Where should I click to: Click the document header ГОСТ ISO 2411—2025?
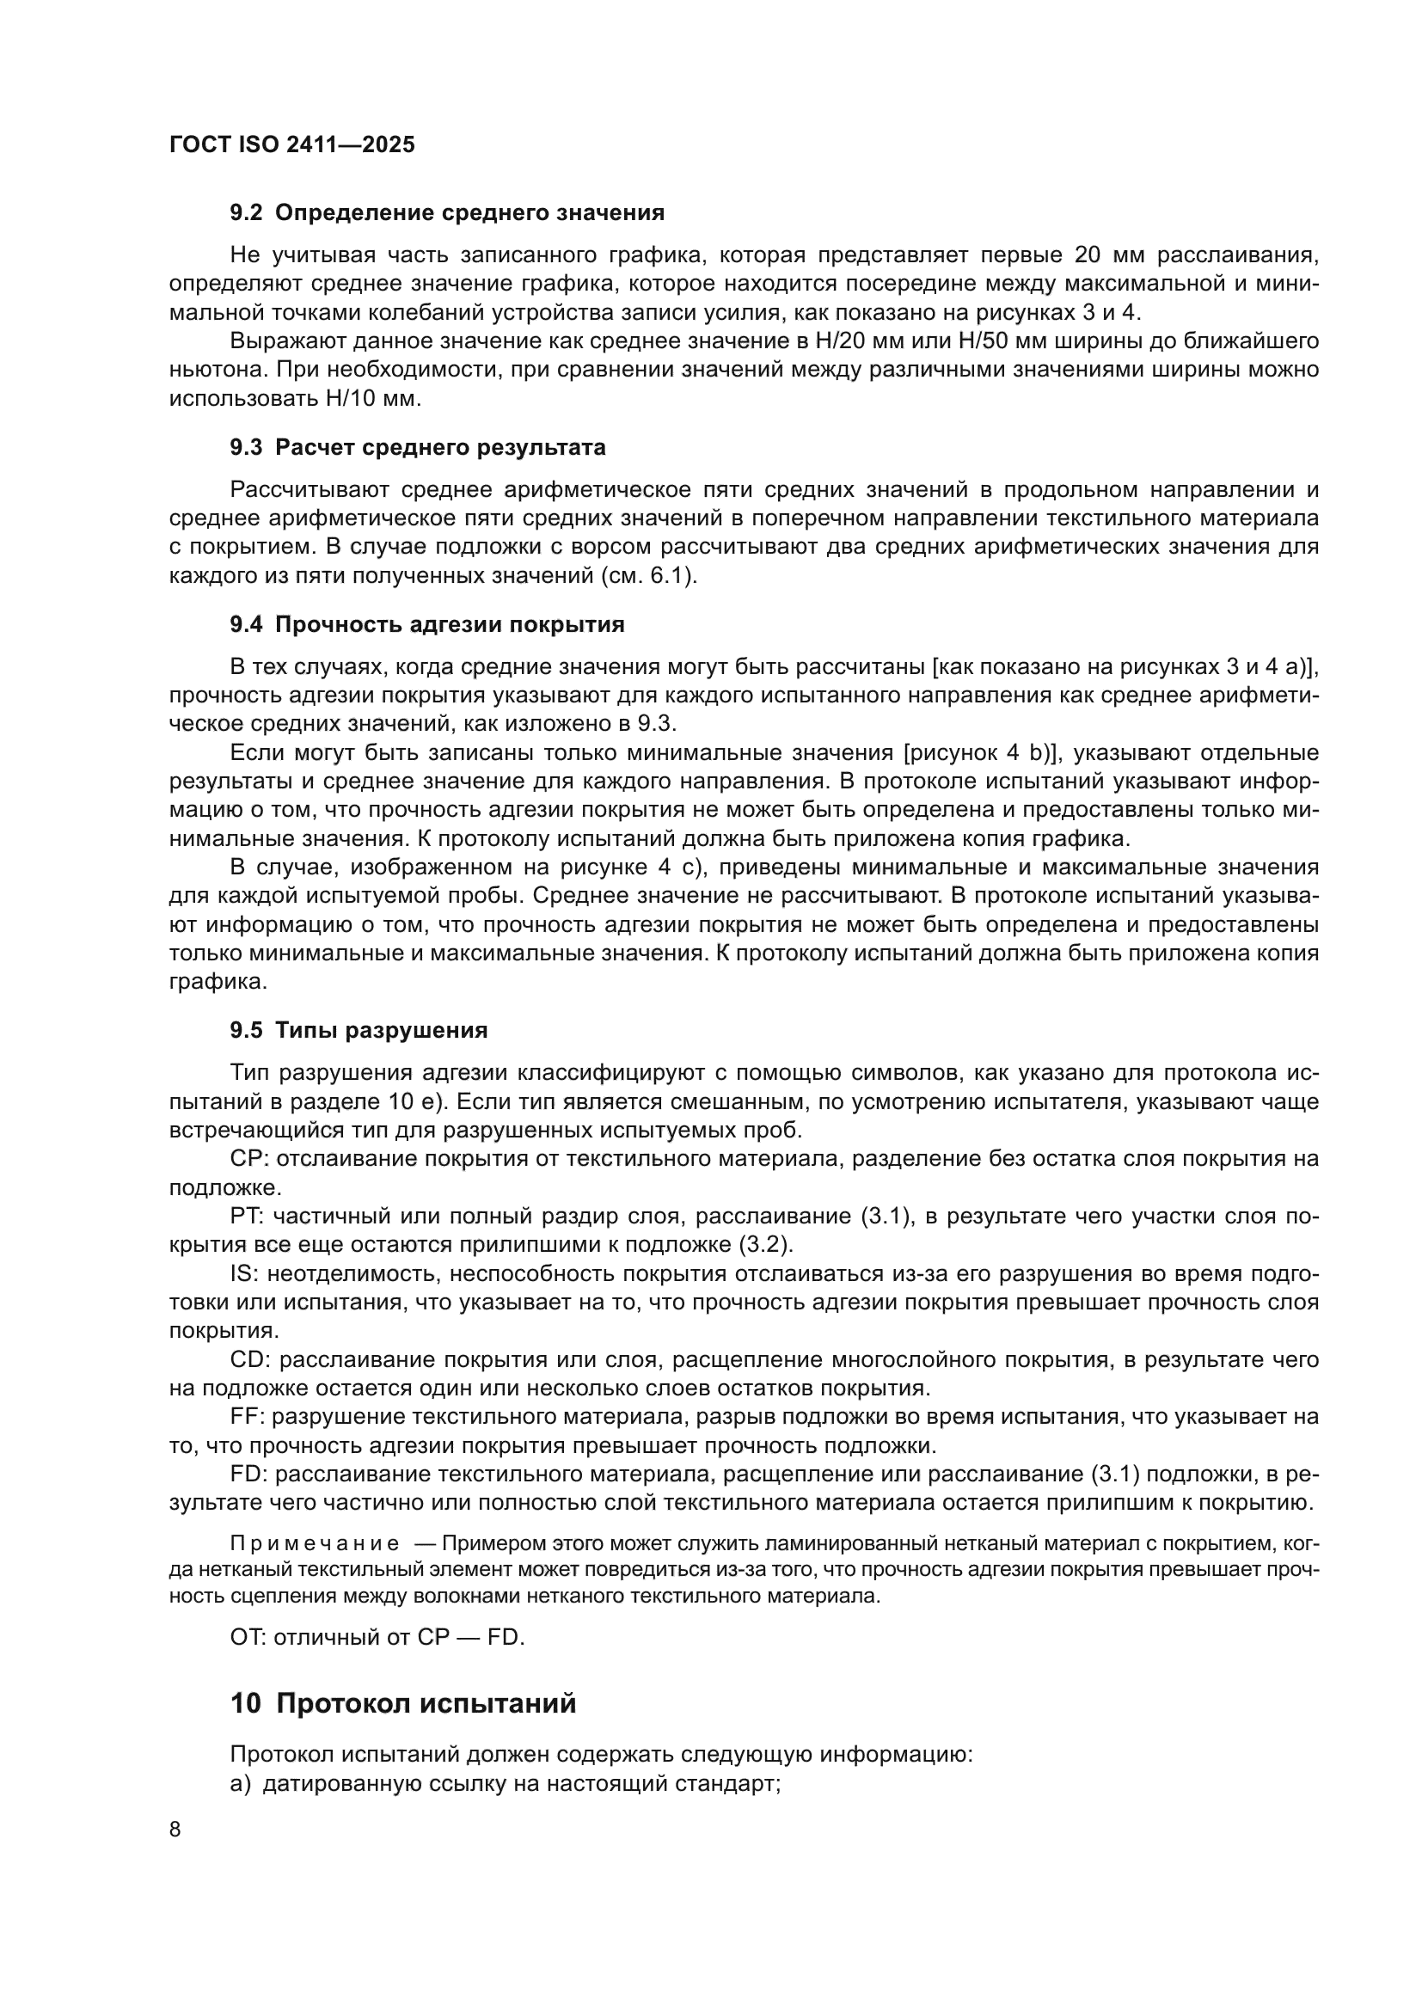[x=291, y=145]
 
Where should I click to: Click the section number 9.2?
[x=245, y=213]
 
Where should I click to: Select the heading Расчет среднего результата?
[x=440, y=448]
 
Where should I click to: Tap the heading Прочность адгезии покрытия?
[x=449, y=624]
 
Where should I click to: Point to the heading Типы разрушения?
[x=381, y=1030]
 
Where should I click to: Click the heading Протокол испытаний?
[x=426, y=1703]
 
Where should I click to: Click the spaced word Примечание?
[x=315, y=1543]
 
